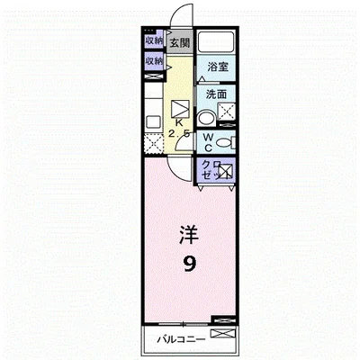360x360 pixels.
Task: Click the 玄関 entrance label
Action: [x=180, y=42]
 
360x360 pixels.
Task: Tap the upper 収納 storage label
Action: [x=152, y=40]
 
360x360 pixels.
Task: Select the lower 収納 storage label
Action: [x=152, y=61]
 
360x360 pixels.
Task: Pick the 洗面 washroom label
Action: [x=215, y=94]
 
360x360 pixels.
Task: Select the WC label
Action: [x=207, y=142]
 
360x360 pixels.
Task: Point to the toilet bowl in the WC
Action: [x=224, y=141]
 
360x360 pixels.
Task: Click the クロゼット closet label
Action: [x=208, y=169]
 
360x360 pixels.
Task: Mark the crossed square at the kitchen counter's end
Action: [x=149, y=140]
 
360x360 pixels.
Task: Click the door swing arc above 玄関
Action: [x=184, y=18]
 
